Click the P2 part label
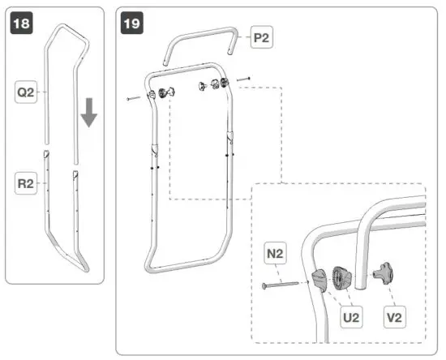coord(262,37)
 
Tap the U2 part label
coord(350,318)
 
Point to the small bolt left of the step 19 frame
coord(135,98)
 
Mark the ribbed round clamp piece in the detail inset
coord(341,279)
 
